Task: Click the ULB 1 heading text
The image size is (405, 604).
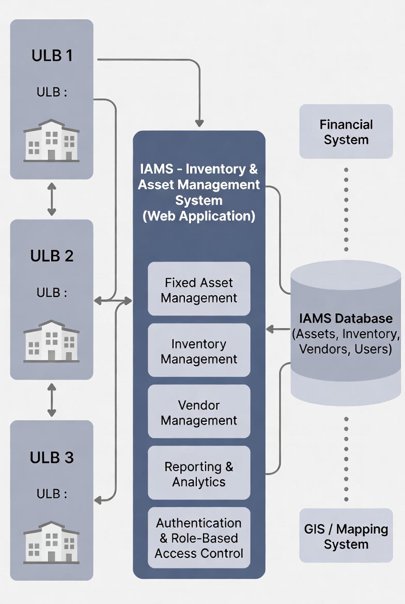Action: point(52,55)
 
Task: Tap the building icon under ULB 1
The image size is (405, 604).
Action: point(52,141)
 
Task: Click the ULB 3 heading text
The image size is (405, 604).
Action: point(52,458)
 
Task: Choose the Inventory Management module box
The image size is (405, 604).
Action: point(199,351)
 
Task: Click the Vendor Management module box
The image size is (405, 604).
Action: point(199,412)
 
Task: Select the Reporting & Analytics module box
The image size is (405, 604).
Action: point(199,473)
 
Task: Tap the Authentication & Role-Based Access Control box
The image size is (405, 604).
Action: point(199,538)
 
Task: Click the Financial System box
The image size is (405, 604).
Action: point(346,132)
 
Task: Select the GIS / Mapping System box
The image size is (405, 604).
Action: point(346,536)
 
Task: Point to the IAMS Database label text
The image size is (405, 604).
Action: point(346,318)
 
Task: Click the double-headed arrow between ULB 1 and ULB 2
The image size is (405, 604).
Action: point(52,199)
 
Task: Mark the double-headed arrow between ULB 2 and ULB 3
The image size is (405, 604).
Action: point(52,400)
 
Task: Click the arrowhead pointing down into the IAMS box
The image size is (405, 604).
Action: point(199,123)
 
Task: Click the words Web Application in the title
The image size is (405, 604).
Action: point(199,216)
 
